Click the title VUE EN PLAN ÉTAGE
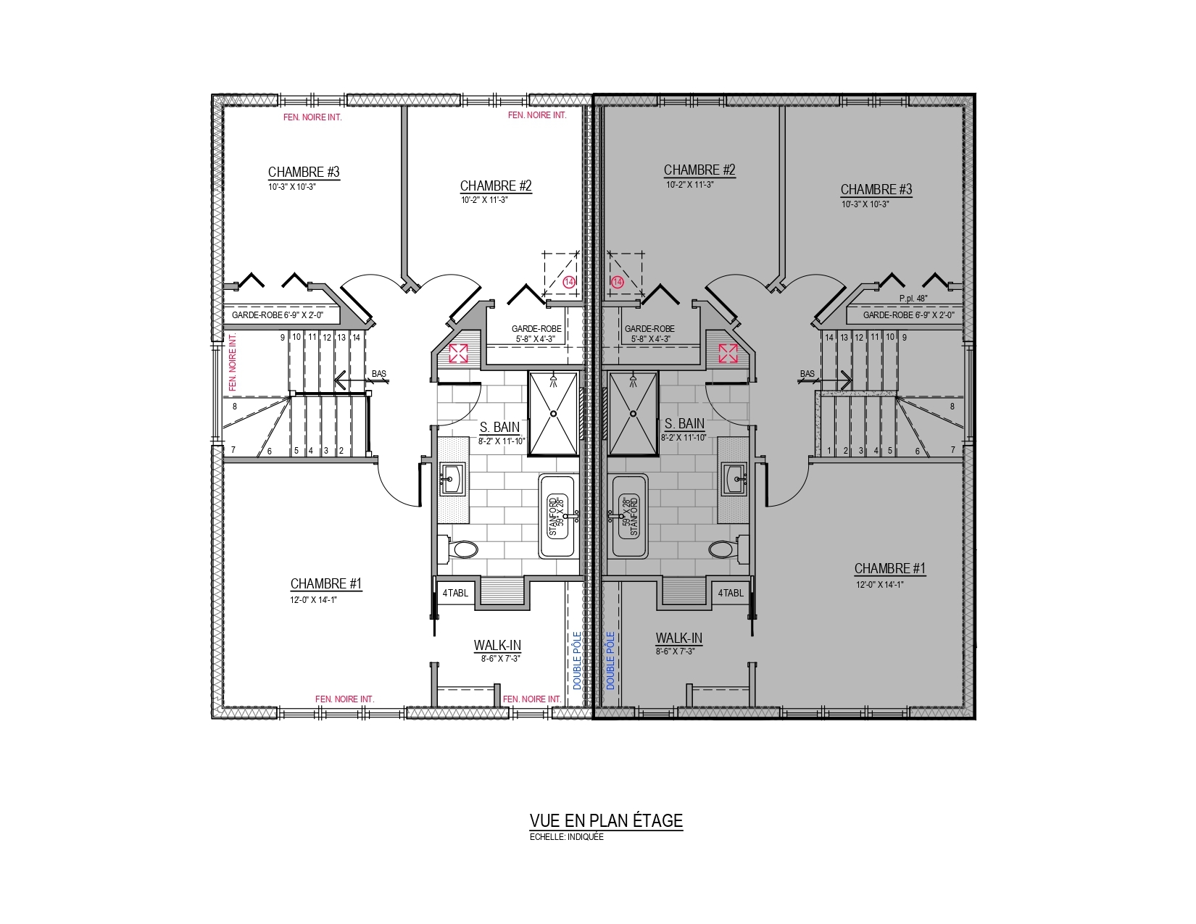[x=606, y=820]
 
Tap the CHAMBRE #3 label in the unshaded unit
[x=304, y=172]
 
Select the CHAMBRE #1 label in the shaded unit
[x=890, y=568]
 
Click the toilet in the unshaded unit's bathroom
[x=460, y=549]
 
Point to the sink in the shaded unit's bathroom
[x=735, y=479]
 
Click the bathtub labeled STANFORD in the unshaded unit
[x=559, y=516]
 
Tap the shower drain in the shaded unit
[x=633, y=413]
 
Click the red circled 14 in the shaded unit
[x=618, y=283]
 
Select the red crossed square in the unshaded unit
[x=459, y=354]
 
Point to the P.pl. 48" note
[x=913, y=299]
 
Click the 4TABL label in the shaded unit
[x=731, y=593]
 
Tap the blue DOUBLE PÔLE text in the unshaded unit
[x=577, y=660]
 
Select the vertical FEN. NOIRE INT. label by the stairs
[x=232, y=362]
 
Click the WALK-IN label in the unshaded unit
[x=497, y=646]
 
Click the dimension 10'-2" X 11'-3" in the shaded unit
[x=689, y=185]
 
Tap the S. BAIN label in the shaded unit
[x=684, y=424]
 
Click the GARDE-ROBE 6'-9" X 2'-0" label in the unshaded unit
[x=278, y=315]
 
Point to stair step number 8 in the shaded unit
[x=952, y=407]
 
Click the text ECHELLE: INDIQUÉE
[x=566, y=837]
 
